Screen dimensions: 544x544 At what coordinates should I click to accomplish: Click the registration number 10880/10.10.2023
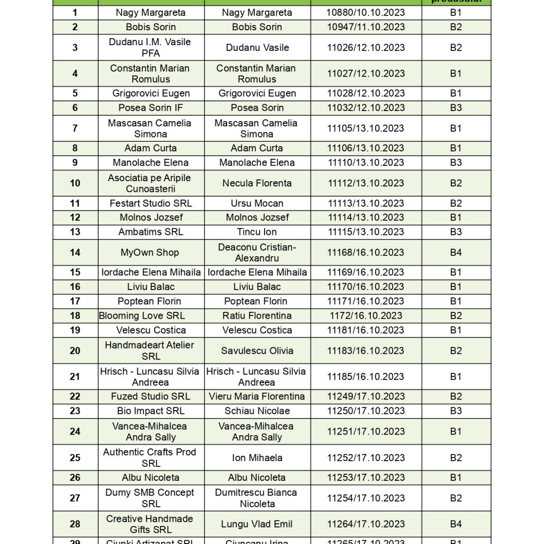[366, 13]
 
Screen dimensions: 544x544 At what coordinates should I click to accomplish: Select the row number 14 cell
[75, 252]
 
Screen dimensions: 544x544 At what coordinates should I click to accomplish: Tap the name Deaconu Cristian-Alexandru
[257, 252]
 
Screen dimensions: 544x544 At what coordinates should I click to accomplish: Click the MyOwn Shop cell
[150, 252]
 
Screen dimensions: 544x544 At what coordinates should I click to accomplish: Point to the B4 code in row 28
[456, 524]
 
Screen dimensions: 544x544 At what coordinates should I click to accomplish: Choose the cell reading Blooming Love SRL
[142, 316]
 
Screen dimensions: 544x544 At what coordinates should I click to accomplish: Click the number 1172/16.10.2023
[366, 316]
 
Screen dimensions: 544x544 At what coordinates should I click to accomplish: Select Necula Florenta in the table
[257, 183]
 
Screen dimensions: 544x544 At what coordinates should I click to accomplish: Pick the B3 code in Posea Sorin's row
[456, 108]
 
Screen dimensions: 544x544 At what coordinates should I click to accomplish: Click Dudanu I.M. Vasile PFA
[150, 47]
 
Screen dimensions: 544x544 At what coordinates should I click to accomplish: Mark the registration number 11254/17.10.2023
[366, 498]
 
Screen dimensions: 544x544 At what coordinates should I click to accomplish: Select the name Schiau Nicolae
[257, 411]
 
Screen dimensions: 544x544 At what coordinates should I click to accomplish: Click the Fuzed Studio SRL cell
[151, 396]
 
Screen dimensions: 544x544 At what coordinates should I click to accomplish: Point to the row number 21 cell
[75, 377]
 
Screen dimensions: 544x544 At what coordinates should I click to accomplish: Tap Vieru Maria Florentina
[257, 396]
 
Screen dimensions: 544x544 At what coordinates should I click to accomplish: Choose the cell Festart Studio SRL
[151, 203]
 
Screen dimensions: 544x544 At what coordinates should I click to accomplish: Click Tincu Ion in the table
[257, 232]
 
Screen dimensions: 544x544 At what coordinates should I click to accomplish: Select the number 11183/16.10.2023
[366, 351]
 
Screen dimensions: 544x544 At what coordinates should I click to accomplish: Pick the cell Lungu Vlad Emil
[257, 524]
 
